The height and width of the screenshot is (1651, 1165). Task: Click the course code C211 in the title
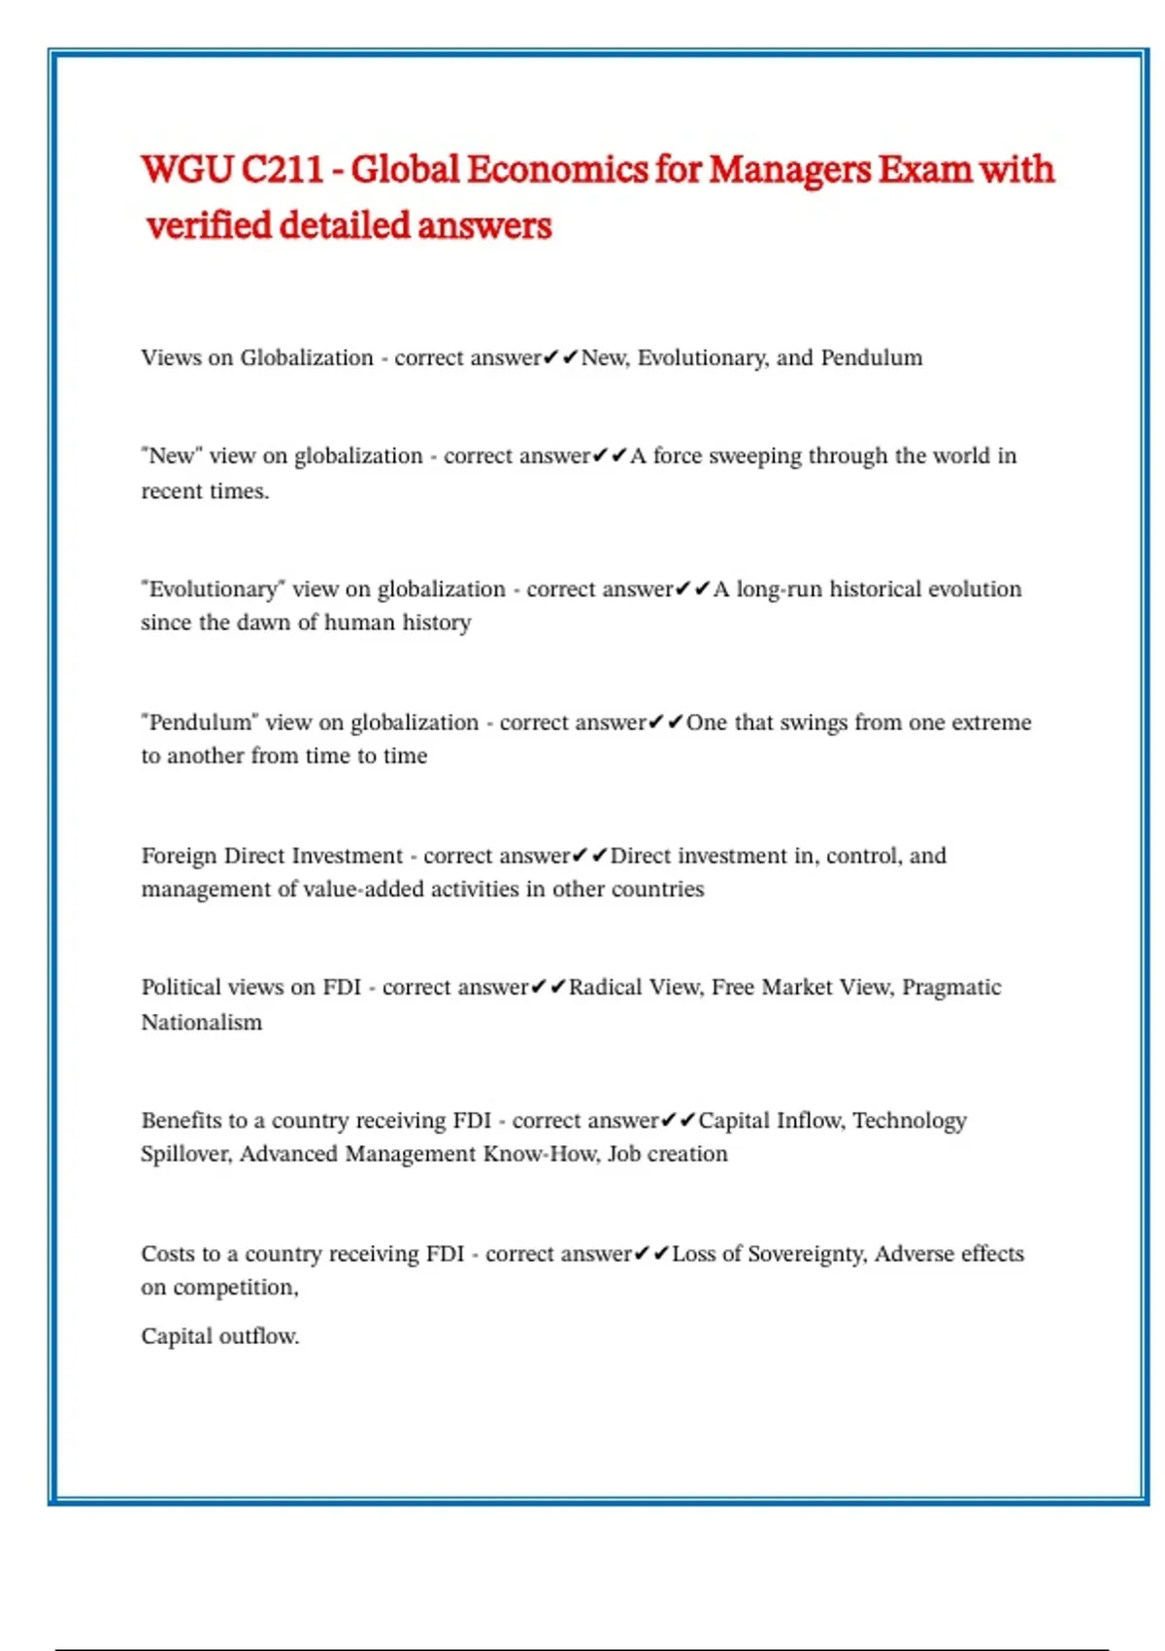[282, 170]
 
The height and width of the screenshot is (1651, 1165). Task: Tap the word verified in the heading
[209, 226]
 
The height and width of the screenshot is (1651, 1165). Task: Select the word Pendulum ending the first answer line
[871, 357]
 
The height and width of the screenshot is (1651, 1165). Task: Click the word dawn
[262, 623]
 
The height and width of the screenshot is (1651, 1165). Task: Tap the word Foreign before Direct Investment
[180, 856]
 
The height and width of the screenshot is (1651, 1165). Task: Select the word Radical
[605, 988]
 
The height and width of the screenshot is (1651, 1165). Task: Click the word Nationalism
[202, 1023]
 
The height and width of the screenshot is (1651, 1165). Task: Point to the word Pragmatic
[950, 988]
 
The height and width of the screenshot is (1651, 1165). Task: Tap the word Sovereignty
[806, 1254]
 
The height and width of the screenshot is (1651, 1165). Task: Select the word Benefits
[181, 1121]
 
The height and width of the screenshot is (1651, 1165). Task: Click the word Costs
[167, 1254]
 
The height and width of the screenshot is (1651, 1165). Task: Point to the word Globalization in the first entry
[307, 357]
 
